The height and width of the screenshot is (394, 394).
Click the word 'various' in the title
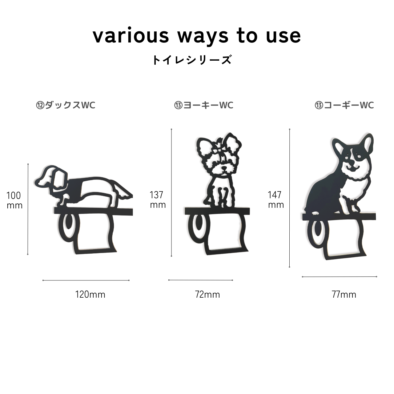131,36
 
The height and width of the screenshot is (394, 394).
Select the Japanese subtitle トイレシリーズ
192,60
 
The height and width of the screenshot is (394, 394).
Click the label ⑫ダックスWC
66,105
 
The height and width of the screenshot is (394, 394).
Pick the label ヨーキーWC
208,105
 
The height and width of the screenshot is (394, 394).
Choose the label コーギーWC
349,105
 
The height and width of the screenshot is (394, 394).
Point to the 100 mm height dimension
14,201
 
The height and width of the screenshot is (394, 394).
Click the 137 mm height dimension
157,200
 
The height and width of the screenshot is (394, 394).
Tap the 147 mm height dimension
276,200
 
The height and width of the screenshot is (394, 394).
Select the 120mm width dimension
90,295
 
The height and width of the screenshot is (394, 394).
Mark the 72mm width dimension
207,295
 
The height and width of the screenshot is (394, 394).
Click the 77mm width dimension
344,295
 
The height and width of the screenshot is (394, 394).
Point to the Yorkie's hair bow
218,151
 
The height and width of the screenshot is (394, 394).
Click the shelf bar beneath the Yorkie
217,211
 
